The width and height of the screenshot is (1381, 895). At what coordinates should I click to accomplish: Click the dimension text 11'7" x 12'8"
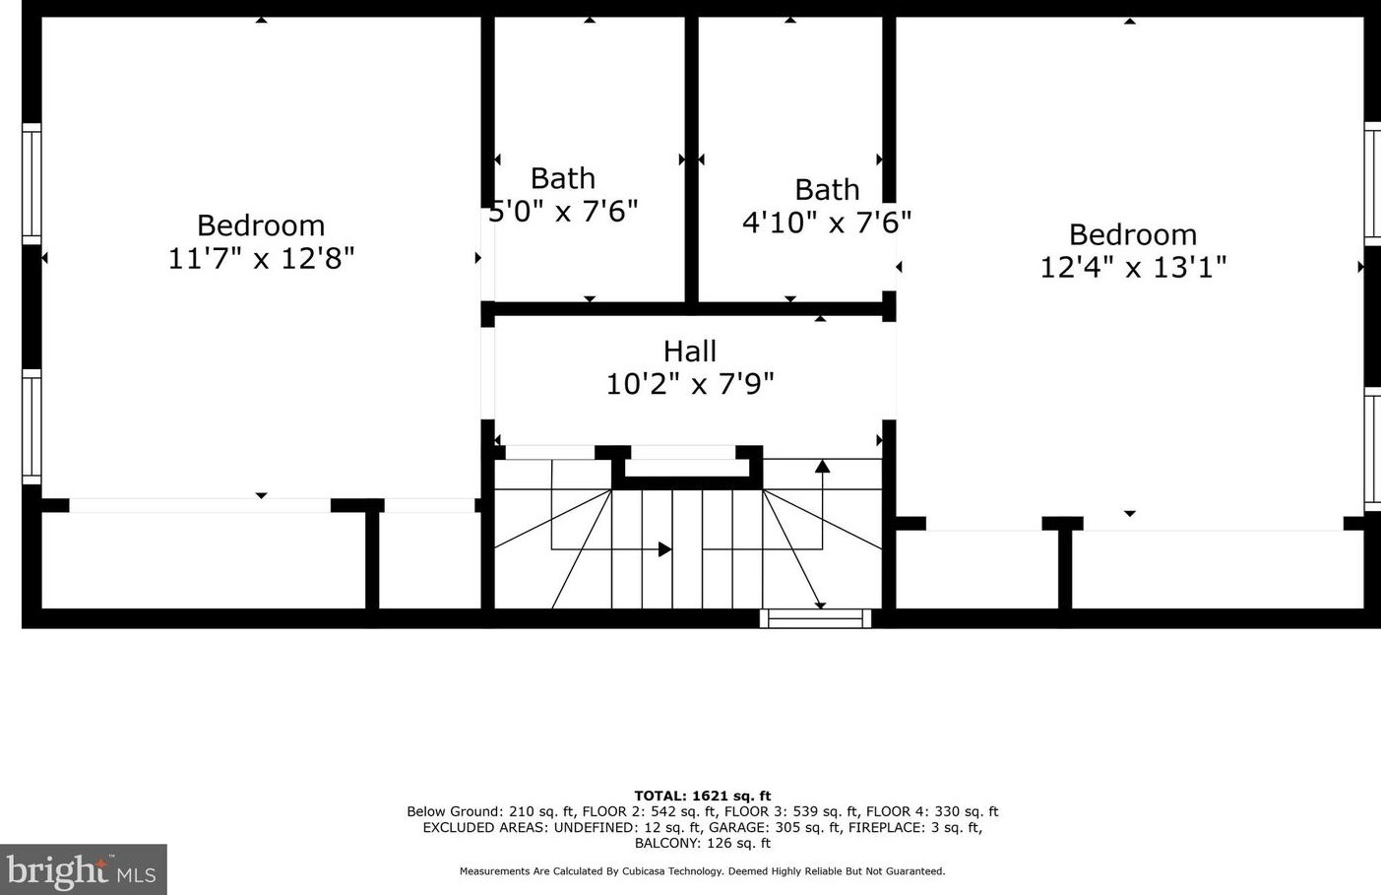point(261,259)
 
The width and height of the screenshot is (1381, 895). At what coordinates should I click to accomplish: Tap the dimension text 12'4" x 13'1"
point(1133,268)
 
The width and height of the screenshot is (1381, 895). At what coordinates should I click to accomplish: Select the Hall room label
point(689,352)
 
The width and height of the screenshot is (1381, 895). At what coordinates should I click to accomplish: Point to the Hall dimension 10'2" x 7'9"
point(689,384)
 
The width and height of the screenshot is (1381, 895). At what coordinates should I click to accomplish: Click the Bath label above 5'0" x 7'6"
point(563,178)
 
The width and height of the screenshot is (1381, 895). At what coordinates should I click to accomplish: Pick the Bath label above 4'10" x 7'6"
point(827,189)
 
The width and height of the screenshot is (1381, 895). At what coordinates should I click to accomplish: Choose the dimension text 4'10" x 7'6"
point(827,223)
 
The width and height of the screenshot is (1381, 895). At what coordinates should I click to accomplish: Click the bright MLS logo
point(83,870)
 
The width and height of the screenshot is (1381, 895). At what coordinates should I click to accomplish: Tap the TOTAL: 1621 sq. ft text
point(702,796)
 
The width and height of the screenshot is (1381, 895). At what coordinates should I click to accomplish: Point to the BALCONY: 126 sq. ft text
point(702,843)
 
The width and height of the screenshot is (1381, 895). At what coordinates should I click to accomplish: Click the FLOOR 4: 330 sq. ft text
point(931,811)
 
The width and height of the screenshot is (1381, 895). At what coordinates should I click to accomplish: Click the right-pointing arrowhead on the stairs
point(665,549)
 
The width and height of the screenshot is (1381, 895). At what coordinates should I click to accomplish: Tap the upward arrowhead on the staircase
point(822,466)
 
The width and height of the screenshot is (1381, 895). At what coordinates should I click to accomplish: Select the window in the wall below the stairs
point(815,618)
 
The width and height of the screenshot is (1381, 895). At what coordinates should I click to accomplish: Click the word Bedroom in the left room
point(261,225)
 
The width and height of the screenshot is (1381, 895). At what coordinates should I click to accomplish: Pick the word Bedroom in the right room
point(1133,235)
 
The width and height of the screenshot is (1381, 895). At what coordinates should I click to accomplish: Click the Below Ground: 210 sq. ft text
point(489,811)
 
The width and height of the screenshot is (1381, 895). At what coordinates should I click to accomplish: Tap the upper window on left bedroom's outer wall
point(31,183)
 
